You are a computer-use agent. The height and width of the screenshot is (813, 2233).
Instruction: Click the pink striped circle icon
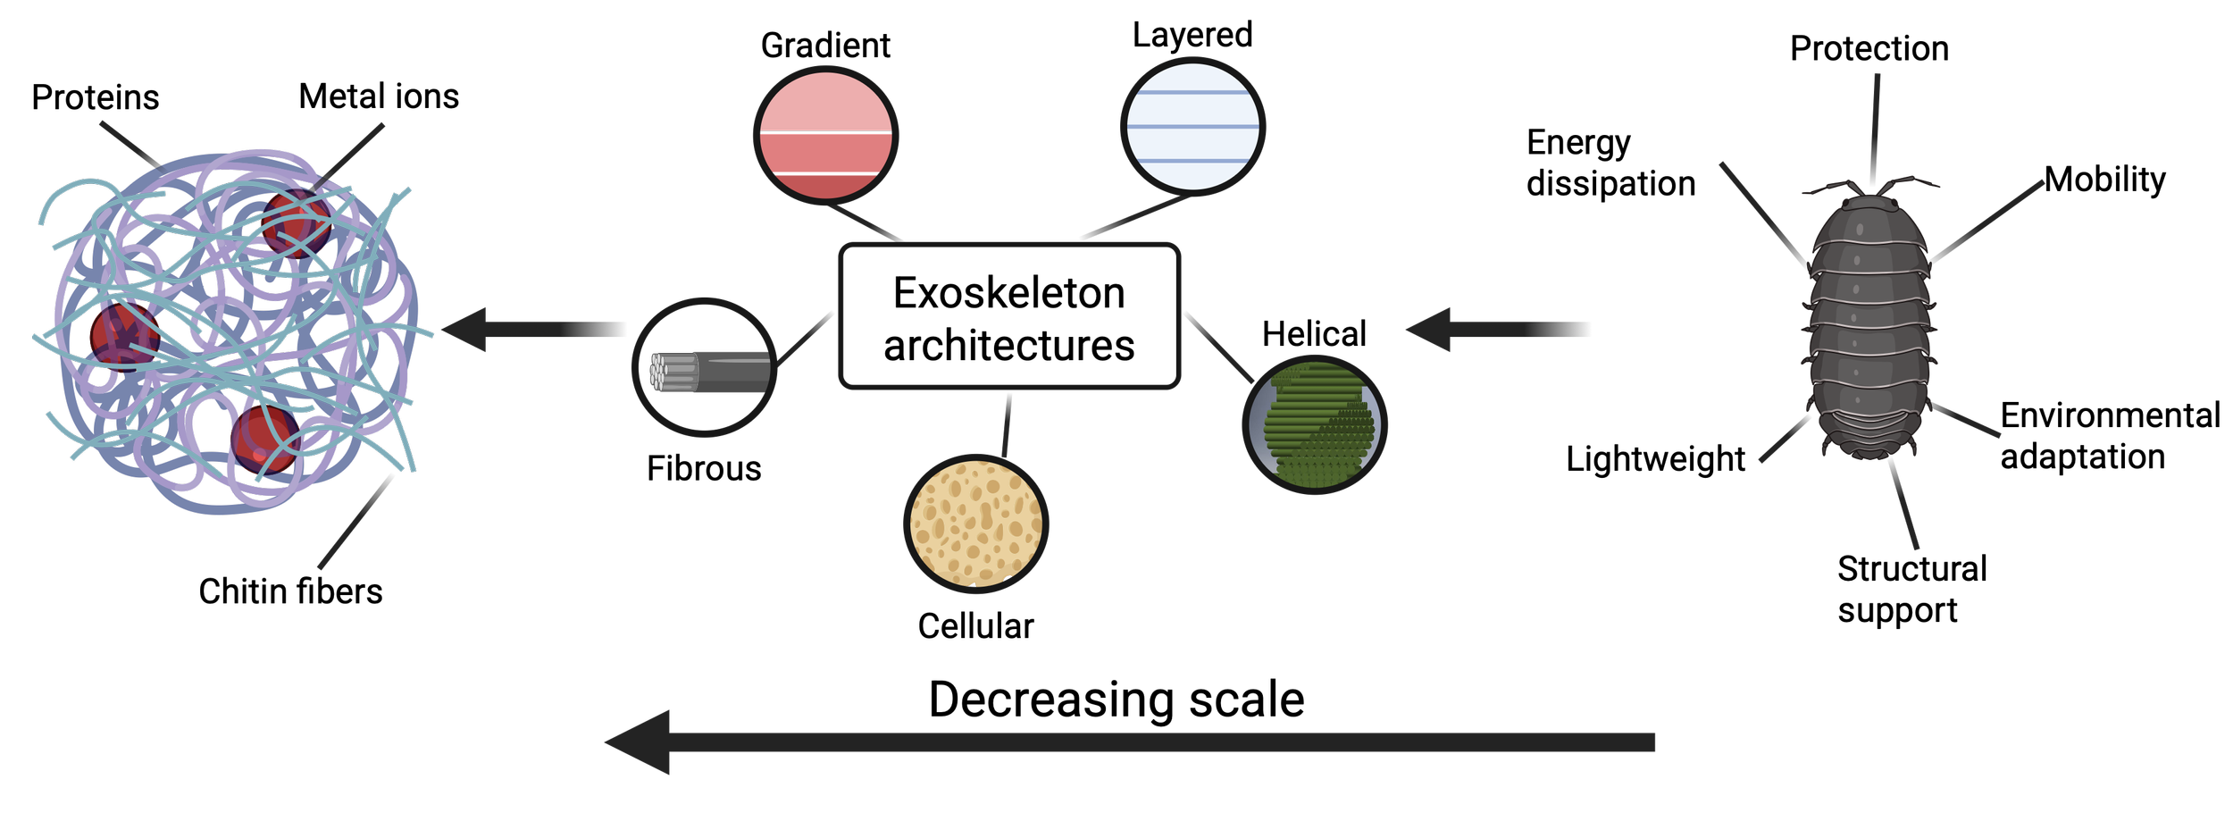point(824,135)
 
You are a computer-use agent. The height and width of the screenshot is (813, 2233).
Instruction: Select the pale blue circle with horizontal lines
point(1192,126)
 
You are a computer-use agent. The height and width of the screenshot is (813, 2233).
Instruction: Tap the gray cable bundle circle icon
point(704,368)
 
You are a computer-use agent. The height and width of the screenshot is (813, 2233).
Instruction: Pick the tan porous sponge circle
point(975,524)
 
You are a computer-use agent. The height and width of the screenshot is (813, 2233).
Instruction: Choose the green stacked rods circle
point(1314,424)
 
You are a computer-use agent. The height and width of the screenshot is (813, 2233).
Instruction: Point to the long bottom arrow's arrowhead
point(639,742)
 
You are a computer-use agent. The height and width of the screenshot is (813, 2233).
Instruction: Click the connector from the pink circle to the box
point(865,222)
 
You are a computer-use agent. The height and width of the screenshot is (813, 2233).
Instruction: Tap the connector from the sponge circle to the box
point(1007,425)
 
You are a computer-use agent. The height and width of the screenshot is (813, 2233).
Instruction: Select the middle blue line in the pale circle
point(1192,127)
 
